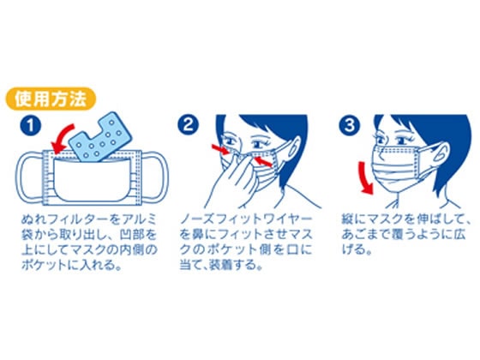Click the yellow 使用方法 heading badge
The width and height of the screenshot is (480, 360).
click(x=51, y=99)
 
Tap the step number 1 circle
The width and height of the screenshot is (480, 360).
click(x=30, y=125)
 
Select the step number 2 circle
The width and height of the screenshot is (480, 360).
click(x=189, y=125)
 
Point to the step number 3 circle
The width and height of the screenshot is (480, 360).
click(x=350, y=125)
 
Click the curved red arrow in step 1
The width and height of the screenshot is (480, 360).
click(x=60, y=135)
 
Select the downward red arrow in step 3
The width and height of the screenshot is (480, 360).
click(x=367, y=178)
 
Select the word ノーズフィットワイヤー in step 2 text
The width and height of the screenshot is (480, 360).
click(x=246, y=219)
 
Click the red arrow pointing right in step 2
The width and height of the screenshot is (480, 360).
click(x=221, y=149)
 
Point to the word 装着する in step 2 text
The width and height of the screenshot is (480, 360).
click(x=235, y=265)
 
